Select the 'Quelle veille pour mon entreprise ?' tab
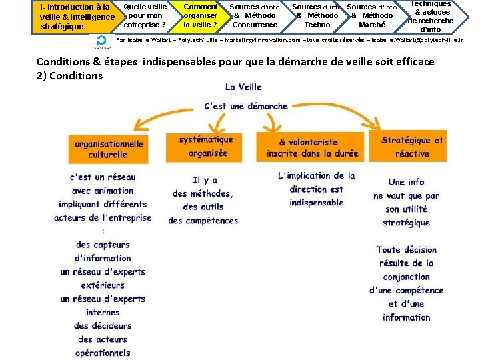pyautogui.click(x=145, y=16)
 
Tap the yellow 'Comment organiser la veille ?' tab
pyautogui.click(x=199, y=16)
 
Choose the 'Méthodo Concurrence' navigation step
pyautogui.click(x=254, y=16)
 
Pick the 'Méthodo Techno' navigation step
pyautogui.click(x=317, y=16)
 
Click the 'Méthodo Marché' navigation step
pyautogui.click(x=371, y=16)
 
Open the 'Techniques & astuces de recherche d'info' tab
pyautogui.click(x=431, y=16)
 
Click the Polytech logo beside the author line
pyautogui.click(x=102, y=42)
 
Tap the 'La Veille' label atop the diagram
pyautogui.click(x=243, y=87)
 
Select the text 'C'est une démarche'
pyautogui.click(x=245, y=105)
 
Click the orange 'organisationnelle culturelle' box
pyautogui.click(x=108, y=149)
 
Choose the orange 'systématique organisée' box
pyautogui.click(x=206, y=147)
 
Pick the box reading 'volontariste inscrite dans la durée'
pyautogui.click(x=312, y=147)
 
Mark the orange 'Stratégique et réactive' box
pyautogui.click(x=412, y=147)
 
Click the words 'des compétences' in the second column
pyautogui.click(x=203, y=221)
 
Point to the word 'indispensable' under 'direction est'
pyautogui.click(x=317, y=203)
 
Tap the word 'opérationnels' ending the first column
pyautogui.click(x=103, y=353)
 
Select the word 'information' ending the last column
pyautogui.click(x=407, y=317)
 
